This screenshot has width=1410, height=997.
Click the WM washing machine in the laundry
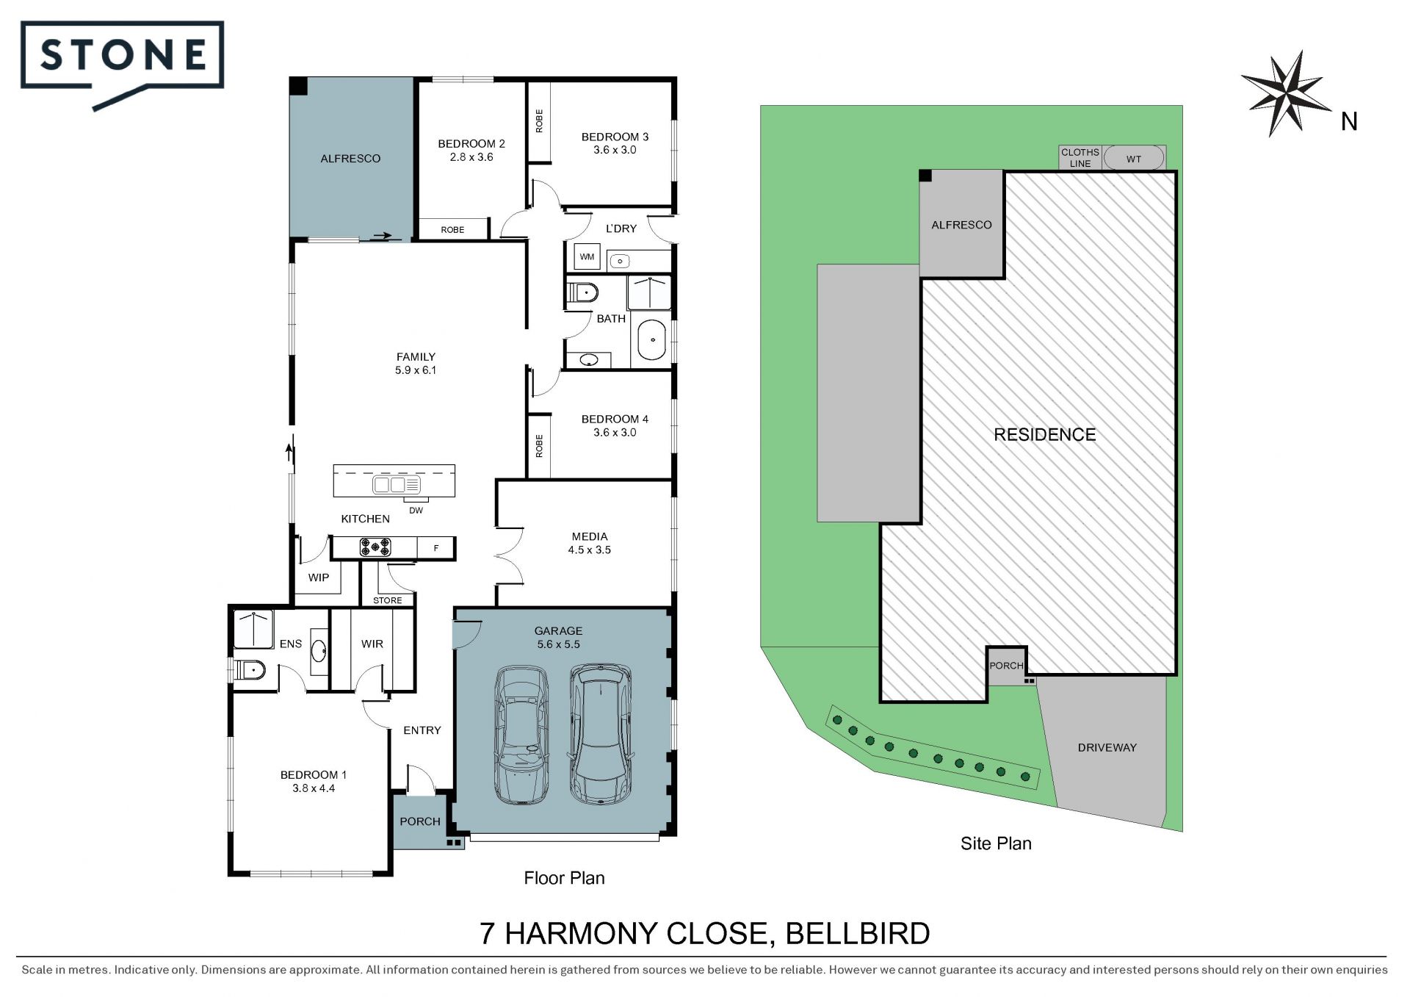pos(587,256)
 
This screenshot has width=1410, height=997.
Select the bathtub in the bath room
pos(651,340)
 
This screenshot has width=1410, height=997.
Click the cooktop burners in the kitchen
pos(375,547)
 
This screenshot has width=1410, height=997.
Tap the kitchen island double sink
pos(397,484)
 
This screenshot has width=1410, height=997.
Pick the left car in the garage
pos(521,735)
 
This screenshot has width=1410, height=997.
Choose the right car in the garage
pos(601,733)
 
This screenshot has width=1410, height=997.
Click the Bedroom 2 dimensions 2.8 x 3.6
pos(471,157)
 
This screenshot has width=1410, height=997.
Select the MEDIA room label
pos(590,536)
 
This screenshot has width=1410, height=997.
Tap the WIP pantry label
pos(319,577)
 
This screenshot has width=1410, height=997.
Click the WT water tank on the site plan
pos(1134,158)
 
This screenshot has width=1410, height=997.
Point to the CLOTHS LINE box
pos(1080,158)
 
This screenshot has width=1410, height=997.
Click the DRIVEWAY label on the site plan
pos(1107,747)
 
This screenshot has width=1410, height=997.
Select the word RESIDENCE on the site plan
pos(1044,434)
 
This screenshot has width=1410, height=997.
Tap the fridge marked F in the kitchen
pos(436,547)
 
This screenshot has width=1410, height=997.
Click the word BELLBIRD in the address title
pos(858,933)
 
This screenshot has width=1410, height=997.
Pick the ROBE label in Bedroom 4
pos(539,446)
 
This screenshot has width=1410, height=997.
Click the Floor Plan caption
pos(564,878)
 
